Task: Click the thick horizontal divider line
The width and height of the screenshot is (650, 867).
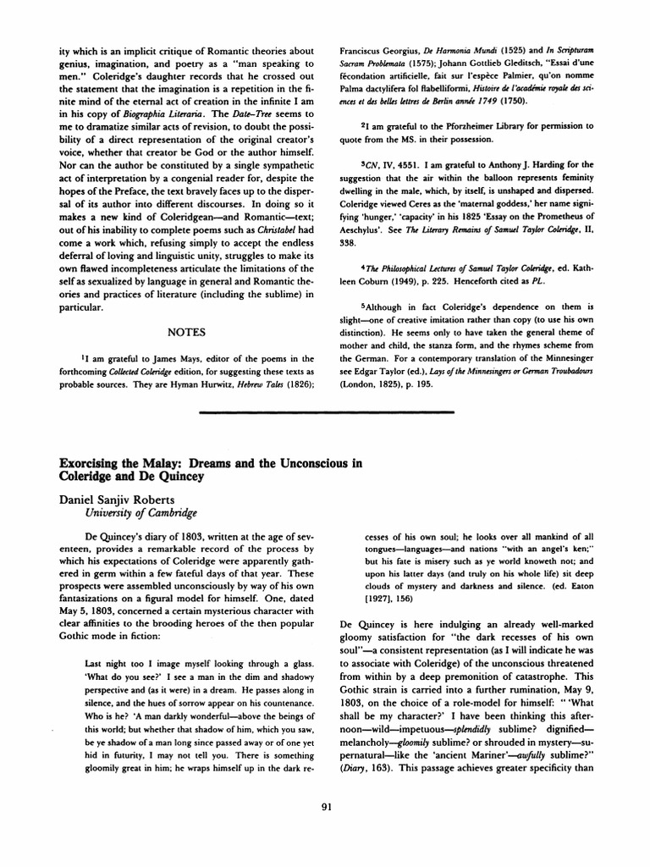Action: coord(325,412)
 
